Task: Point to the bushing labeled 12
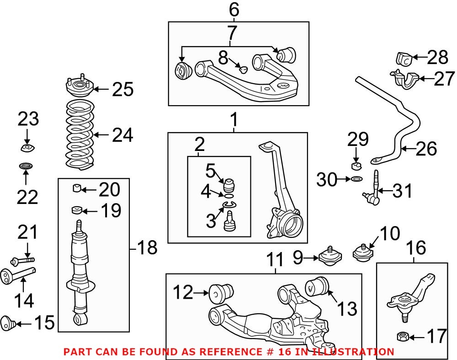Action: pos(221,293)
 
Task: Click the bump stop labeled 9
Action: pos(330,256)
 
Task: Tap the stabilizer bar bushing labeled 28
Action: pos(404,59)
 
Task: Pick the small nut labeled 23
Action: pos(27,147)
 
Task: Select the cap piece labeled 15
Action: pos(10,322)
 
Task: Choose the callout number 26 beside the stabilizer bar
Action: pos(425,148)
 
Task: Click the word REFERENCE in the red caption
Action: pos(214,352)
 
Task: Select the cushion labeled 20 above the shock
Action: pos(77,188)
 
